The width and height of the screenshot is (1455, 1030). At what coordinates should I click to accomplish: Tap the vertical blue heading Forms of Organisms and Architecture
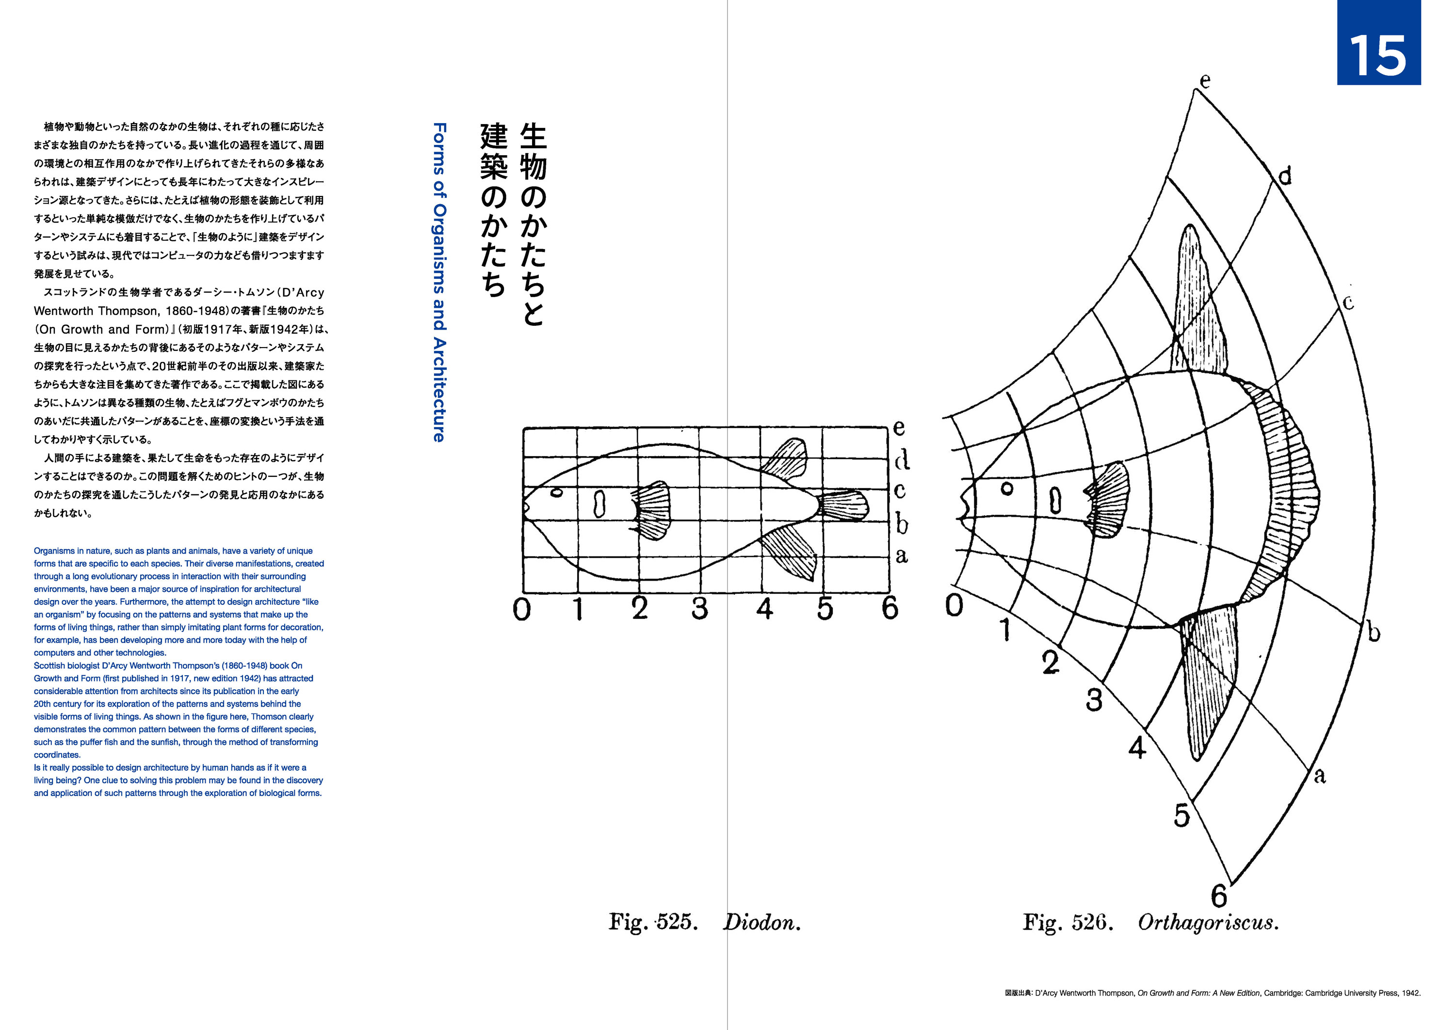pyautogui.click(x=438, y=282)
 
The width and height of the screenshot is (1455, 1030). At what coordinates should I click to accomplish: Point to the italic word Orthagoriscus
pyautogui.click(x=1208, y=923)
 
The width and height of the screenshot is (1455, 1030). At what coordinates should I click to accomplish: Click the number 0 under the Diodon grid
pyautogui.click(x=521, y=609)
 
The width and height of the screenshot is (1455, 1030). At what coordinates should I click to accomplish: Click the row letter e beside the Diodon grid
pyautogui.click(x=899, y=428)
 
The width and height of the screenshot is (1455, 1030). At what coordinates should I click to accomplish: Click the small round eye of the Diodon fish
pyautogui.click(x=556, y=493)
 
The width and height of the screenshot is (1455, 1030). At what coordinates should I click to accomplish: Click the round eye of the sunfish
pyautogui.click(x=1006, y=489)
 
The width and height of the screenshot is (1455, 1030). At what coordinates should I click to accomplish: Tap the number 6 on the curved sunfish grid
pyautogui.click(x=1219, y=896)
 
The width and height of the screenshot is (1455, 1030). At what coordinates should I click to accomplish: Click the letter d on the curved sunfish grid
pyautogui.click(x=1284, y=175)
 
